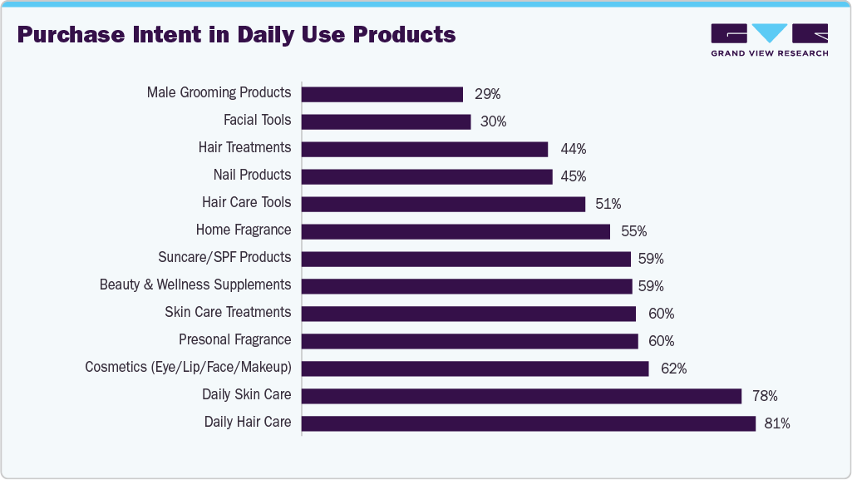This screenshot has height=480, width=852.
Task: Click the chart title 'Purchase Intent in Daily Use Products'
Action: tap(236, 35)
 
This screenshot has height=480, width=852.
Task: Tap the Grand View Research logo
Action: tap(769, 40)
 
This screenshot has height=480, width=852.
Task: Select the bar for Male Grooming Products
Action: tap(382, 94)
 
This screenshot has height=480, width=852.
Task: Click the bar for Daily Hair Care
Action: tap(528, 423)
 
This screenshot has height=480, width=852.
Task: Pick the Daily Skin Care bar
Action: tap(521, 396)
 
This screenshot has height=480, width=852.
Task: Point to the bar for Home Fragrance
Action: tap(456, 231)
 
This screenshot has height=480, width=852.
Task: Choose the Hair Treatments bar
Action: tap(424, 149)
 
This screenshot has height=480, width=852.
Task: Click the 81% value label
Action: tap(776, 423)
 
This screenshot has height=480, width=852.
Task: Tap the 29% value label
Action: tap(487, 94)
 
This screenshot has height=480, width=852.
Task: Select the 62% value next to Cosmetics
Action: tap(673, 369)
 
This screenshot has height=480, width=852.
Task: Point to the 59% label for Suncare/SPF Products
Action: tap(651, 259)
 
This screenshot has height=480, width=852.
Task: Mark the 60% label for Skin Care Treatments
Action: tap(661, 314)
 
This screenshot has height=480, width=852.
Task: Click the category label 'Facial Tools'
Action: tap(257, 120)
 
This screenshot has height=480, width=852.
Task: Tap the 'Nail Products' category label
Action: tap(252, 175)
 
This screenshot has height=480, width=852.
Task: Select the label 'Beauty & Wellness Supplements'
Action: tap(195, 285)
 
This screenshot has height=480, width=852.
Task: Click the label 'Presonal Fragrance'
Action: tap(234, 339)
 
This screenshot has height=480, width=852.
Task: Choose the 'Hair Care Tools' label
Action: tap(246, 202)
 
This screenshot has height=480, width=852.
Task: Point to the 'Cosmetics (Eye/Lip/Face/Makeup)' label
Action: tap(188, 367)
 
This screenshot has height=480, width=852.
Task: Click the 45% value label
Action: tap(573, 176)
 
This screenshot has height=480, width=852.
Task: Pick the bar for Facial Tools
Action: tap(386, 121)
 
